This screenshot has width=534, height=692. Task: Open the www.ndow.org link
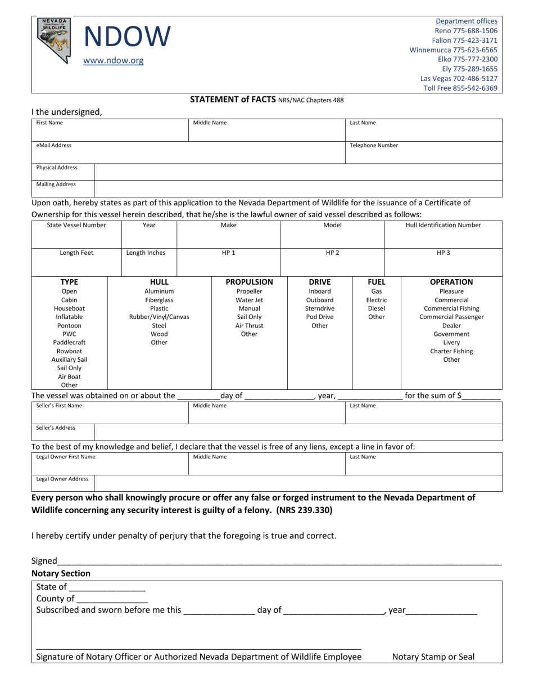[x=113, y=61]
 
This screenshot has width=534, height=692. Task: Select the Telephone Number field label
[x=374, y=145]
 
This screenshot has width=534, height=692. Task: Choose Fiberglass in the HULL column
[x=159, y=300]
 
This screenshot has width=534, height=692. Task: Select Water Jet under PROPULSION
[x=249, y=300]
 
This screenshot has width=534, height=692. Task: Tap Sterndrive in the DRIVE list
[x=319, y=308]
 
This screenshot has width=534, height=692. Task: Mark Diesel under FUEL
[x=376, y=308]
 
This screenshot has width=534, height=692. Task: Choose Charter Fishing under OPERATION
[x=451, y=351]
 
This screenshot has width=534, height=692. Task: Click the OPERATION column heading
[x=451, y=282]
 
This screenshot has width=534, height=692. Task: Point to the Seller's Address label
[x=56, y=428]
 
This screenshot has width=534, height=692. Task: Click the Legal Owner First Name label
[x=66, y=457]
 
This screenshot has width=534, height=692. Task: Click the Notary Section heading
[x=61, y=573]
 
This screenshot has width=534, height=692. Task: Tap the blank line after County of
[x=112, y=599]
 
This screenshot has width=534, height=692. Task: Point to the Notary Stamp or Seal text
[x=433, y=656]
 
